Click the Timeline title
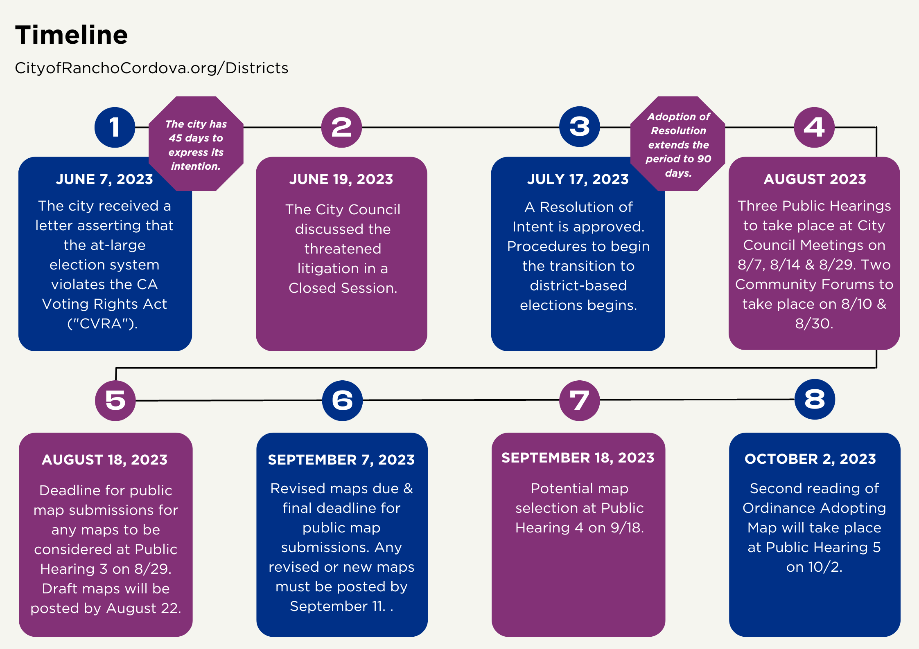click(x=72, y=35)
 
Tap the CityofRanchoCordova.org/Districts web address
click(x=151, y=68)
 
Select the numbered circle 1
click(x=115, y=127)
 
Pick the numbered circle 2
click(x=341, y=127)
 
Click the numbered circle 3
click(x=580, y=127)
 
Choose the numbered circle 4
click(x=814, y=127)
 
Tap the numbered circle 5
click(x=115, y=400)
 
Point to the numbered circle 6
click(x=343, y=400)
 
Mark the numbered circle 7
click(x=580, y=400)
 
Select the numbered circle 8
click(x=815, y=400)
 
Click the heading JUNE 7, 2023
click(x=104, y=180)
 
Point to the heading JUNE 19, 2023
click(x=341, y=180)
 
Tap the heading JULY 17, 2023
click(x=578, y=180)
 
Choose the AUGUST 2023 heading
click(x=815, y=179)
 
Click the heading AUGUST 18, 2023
click(x=105, y=460)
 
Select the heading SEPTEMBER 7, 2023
click(x=341, y=460)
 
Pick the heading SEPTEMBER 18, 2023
click(x=578, y=458)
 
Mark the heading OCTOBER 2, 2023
click(x=811, y=459)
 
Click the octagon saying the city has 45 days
click(x=196, y=144)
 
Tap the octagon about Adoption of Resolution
click(x=678, y=144)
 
